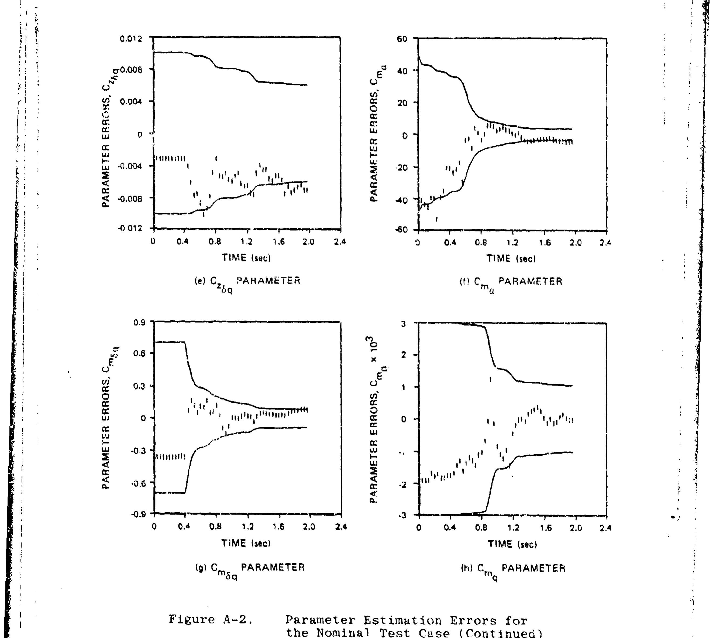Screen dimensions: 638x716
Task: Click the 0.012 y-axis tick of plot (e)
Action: [131, 38]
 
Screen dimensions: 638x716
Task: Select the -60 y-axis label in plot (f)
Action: [401, 230]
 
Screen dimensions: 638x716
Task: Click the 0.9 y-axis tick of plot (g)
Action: [139, 322]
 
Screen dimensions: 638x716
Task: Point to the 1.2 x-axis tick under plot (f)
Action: [512, 243]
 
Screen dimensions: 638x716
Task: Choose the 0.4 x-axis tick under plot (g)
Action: [184, 527]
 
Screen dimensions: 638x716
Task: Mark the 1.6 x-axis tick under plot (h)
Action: [545, 528]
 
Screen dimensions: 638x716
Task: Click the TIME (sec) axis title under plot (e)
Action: [246, 258]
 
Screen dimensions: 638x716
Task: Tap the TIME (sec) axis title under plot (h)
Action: [512, 544]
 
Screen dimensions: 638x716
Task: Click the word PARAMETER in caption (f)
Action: [530, 281]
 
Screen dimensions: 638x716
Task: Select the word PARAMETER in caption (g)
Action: [273, 567]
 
